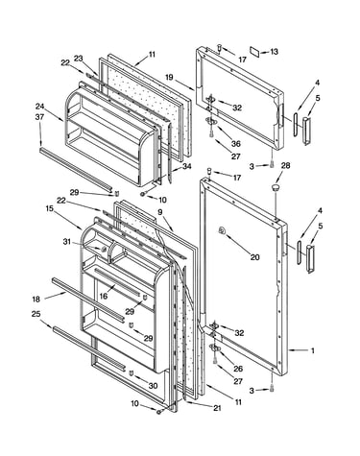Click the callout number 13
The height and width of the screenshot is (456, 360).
pyautogui.click(x=275, y=52)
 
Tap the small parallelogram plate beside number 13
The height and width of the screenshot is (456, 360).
pyautogui.click(x=255, y=51)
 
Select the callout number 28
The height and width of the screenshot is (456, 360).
pyautogui.click(x=286, y=165)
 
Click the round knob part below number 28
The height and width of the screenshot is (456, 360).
pyautogui.click(x=276, y=187)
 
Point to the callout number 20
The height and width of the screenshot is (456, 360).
pyautogui.click(x=254, y=256)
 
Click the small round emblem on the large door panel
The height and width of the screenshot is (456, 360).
pyautogui.click(x=221, y=229)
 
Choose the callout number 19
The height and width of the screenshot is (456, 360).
pyautogui.click(x=169, y=77)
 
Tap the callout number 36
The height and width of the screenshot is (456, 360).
pyautogui.click(x=236, y=144)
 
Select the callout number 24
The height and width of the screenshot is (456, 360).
pyautogui.click(x=39, y=107)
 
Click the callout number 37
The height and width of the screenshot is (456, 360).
pyautogui.click(x=39, y=117)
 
